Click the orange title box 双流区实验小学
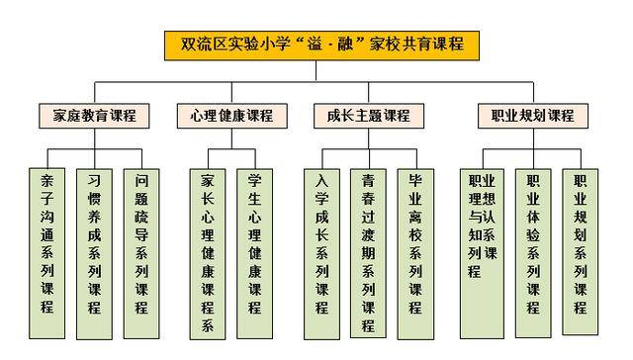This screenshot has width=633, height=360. [x=316, y=45]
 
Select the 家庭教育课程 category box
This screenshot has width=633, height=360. [x=95, y=115]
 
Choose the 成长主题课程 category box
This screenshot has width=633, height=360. [x=368, y=115]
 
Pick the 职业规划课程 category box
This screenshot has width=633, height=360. [x=532, y=115]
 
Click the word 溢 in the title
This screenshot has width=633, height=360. [x=322, y=45]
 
